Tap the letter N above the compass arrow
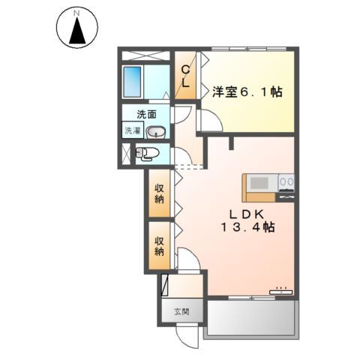click(x=76, y=13)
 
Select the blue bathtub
click(x=132, y=82)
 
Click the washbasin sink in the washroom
click(x=155, y=131)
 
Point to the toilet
click(x=147, y=154)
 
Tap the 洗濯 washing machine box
click(x=133, y=130)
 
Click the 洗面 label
click(x=146, y=115)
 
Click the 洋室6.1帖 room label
click(x=247, y=92)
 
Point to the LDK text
click(x=247, y=214)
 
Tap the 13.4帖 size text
click(x=247, y=227)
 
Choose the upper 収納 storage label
click(x=159, y=193)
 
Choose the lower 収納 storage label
click(x=159, y=246)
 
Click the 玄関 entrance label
click(x=181, y=312)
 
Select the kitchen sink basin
click(x=259, y=183)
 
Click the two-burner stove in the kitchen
click(x=286, y=181)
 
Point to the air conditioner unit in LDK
click(x=280, y=291)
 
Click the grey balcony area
click(x=251, y=317)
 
